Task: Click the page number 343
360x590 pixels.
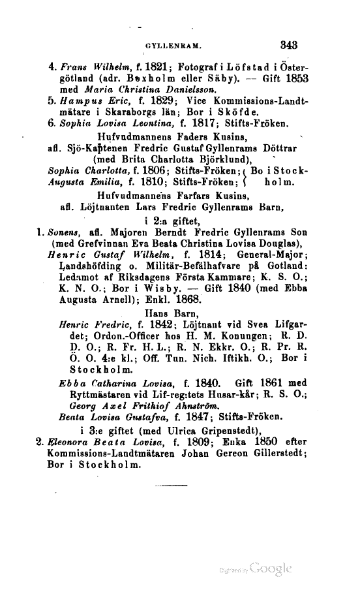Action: pos(288,46)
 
